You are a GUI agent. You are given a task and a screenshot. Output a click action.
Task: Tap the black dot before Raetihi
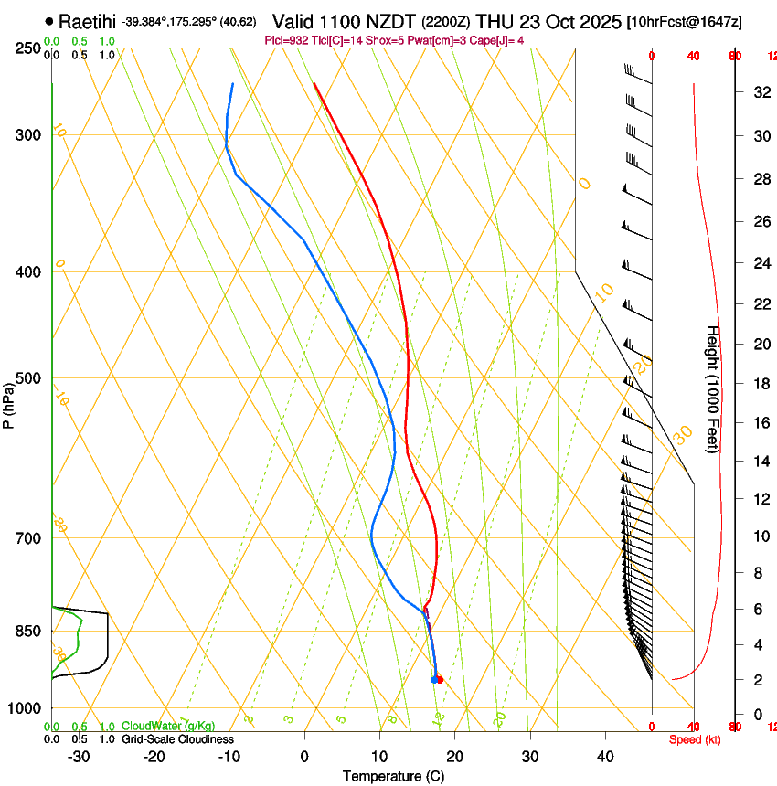click(x=48, y=21)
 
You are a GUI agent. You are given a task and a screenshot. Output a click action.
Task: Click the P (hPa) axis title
click(x=8, y=402)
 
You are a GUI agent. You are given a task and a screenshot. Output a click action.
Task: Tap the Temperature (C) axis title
click(x=393, y=777)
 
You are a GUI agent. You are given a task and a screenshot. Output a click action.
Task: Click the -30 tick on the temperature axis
click(x=79, y=756)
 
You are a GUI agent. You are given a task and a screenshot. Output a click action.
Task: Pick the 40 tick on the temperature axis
click(x=604, y=756)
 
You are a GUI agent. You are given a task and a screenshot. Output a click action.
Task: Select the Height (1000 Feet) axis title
click(x=713, y=388)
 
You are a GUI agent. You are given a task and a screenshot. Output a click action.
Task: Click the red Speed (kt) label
click(x=695, y=739)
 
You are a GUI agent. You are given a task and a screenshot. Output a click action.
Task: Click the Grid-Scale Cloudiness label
click(x=177, y=739)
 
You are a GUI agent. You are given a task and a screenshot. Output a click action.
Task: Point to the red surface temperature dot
click(x=440, y=679)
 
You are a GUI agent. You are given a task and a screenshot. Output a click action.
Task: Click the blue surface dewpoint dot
click(x=434, y=679)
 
